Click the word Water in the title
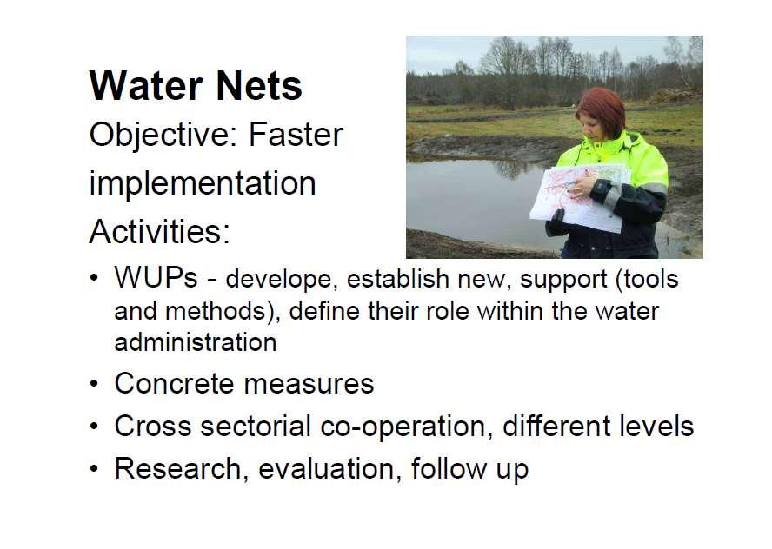[x=146, y=86]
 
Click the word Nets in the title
[x=259, y=86]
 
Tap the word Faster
[x=296, y=135]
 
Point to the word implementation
[x=203, y=184]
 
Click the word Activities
[x=159, y=231]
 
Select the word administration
[x=196, y=342]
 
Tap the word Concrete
[x=174, y=383]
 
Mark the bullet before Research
[x=94, y=468]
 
